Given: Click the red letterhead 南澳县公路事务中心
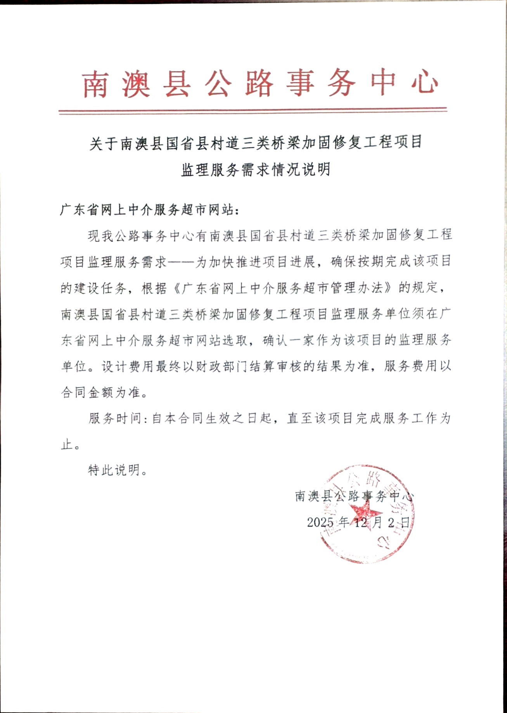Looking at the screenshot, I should coord(260,83).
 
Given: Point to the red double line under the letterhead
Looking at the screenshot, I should coord(253,111).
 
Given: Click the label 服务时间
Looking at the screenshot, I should coord(114,418).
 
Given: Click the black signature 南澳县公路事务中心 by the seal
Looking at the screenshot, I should coord(354,496).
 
